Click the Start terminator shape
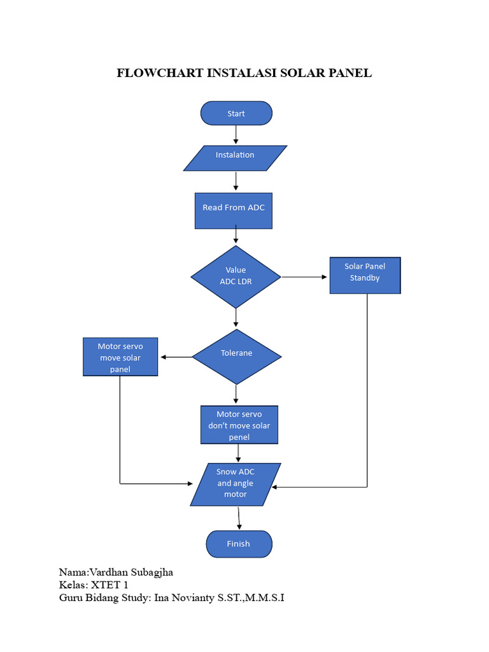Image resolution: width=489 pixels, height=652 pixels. pos(236,113)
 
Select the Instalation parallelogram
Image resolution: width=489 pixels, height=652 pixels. pos(235,157)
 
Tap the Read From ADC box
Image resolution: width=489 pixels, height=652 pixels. pos(234,211)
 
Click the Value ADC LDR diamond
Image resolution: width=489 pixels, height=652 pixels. pos(236,276)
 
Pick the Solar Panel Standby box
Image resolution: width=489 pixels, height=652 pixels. pos(365,275)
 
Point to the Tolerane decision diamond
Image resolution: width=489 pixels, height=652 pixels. pos(236,356)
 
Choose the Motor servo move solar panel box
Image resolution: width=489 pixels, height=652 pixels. pos(120,357)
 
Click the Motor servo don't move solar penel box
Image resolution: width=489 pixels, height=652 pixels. pos(239,425)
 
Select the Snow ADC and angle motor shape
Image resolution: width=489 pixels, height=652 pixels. pos(236,484)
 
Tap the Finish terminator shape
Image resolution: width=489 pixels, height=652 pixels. pos(239,544)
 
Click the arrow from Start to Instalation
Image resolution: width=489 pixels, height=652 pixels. pos(236,134)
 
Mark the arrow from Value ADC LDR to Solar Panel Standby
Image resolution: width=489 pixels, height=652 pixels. pos(304,277)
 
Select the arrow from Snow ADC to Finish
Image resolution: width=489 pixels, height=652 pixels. pos(239,518)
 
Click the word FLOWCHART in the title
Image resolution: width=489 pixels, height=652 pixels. pos(160,73)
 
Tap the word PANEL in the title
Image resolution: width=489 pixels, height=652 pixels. pos(350,73)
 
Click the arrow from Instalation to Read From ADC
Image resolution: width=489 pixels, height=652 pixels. pos(236,181)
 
